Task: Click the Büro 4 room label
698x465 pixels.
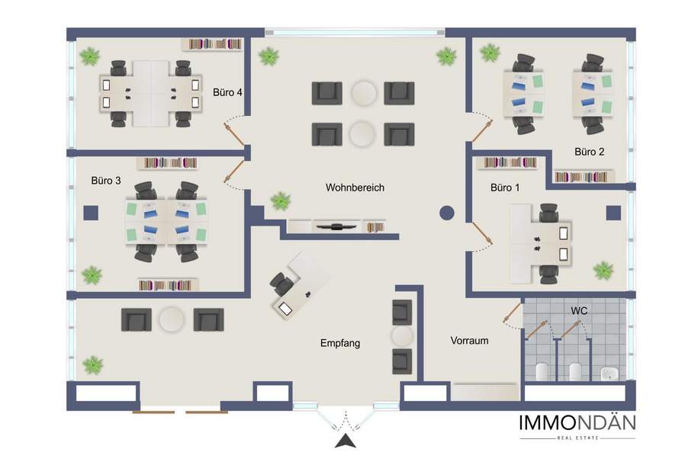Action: click(x=227, y=92)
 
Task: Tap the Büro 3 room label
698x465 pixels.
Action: click(x=106, y=180)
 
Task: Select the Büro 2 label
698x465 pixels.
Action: click(x=590, y=151)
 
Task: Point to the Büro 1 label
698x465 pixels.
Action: click(x=505, y=188)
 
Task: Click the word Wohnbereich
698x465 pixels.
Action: click(x=355, y=188)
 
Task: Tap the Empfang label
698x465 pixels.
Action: click(x=340, y=343)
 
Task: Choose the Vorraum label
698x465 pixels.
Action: click(x=469, y=341)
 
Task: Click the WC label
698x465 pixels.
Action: click(x=579, y=310)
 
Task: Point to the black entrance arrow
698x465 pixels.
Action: click(x=346, y=441)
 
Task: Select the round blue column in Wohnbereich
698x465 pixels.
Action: click(x=447, y=213)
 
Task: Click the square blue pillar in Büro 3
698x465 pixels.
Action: click(x=91, y=213)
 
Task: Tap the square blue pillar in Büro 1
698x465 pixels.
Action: click(x=613, y=213)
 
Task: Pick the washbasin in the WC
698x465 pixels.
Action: click(x=608, y=373)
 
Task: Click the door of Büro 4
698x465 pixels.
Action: click(x=235, y=133)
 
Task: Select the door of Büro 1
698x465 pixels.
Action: click(x=483, y=233)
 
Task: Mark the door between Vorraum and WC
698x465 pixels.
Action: click(x=513, y=313)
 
